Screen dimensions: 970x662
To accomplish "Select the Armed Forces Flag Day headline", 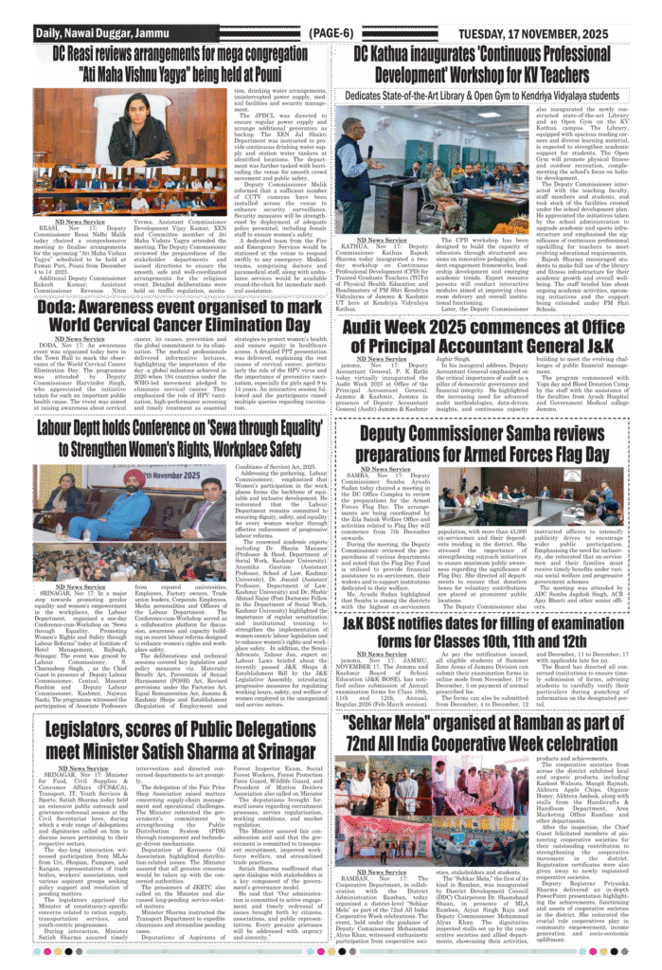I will point(497,440).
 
